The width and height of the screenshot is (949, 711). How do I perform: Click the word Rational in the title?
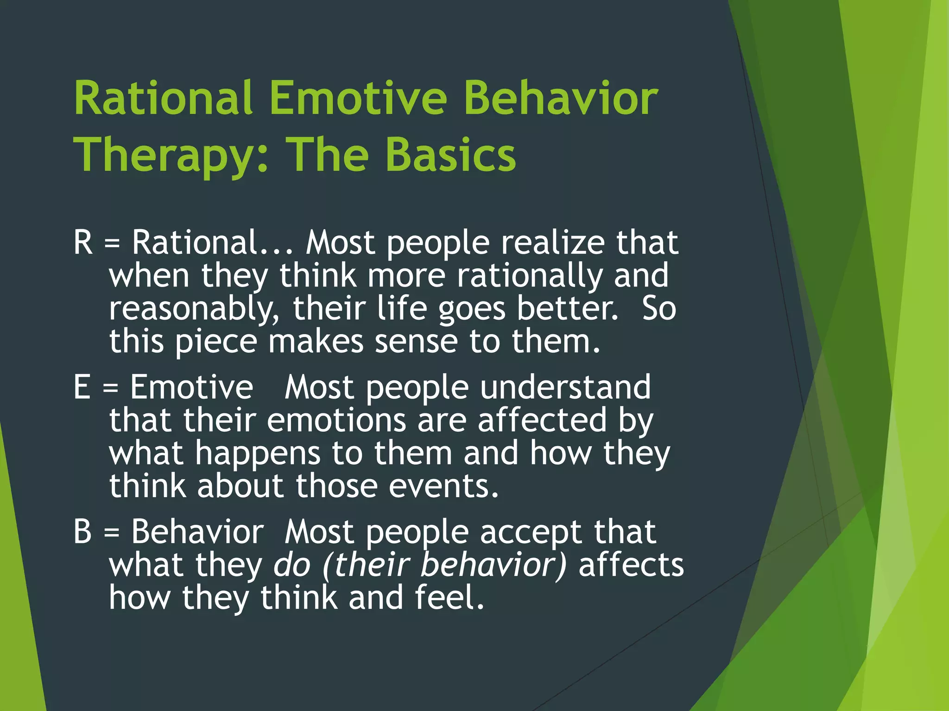click(163, 98)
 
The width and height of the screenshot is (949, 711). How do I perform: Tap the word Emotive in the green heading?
click(358, 98)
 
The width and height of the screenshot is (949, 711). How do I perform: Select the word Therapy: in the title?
click(171, 155)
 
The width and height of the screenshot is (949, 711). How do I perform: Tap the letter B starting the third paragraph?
click(83, 531)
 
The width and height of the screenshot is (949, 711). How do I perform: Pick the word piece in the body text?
click(216, 342)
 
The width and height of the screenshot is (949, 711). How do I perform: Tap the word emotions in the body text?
click(336, 420)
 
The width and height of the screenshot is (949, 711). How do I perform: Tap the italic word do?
click(292, 565)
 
